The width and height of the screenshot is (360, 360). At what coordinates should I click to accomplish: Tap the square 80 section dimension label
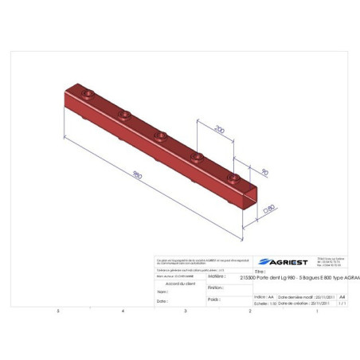(x=269, y=208)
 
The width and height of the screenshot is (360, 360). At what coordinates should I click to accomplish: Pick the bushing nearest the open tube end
(x=233, y=177)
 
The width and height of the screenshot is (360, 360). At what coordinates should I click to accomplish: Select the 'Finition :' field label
(x=213, y=288)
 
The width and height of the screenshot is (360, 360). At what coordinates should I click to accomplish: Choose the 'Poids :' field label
(x=213, y=299)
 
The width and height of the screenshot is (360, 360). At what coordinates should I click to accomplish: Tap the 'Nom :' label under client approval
(x=161, y=292)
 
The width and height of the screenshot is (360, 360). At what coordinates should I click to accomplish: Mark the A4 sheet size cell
(x=342, y=295)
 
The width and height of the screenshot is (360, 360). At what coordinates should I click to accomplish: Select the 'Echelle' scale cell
(x=260, y=303)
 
